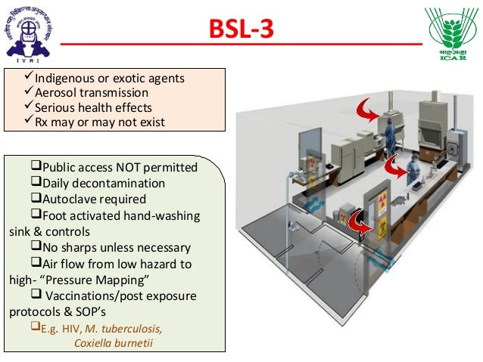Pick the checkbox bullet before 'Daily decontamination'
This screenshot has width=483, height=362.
36,184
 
